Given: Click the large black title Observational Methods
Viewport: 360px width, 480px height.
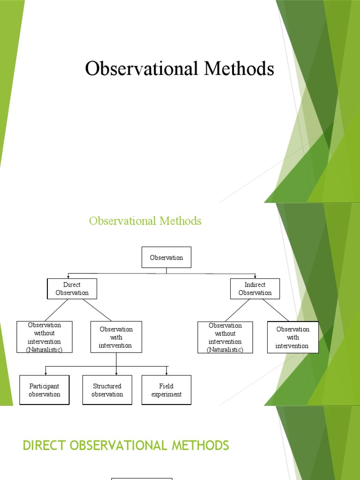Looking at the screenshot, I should pos(180,69).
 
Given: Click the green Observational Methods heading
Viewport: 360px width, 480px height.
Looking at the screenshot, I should pos(145,220).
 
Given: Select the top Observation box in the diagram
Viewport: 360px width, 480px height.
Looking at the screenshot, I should pos(166,257).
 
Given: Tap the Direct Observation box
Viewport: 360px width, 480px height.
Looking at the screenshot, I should pos(72,289).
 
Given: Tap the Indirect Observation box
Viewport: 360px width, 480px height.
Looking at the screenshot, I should pos(255,289).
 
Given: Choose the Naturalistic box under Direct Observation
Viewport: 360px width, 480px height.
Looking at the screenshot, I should pos(45,337).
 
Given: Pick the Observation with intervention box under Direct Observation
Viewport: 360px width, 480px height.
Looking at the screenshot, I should pos(116,337).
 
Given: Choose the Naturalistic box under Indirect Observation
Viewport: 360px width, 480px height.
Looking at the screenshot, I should pos(225,337).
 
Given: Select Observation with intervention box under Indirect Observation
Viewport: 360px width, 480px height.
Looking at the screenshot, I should pos(292,337).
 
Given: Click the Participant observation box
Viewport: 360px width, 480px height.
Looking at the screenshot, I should pos(45,390).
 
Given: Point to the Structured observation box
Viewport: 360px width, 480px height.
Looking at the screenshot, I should pos(107,390).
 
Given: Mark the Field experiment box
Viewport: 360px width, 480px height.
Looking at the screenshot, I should pos(166,390).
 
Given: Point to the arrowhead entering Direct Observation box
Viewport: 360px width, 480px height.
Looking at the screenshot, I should pos(68,277).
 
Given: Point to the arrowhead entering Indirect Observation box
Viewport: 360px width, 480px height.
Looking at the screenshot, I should pos(255,277).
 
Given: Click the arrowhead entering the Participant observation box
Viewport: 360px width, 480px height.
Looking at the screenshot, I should pos(45,373).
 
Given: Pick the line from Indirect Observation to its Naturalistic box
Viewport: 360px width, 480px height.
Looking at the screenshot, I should pos(238,310).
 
